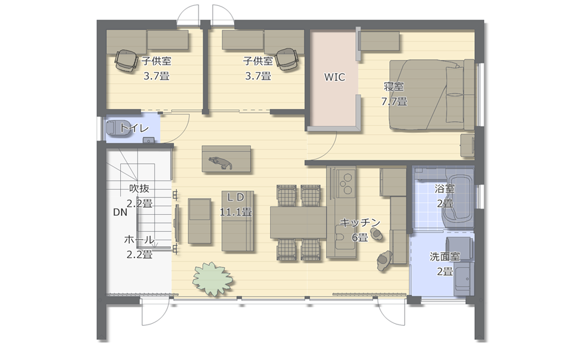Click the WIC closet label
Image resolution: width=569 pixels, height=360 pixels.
[x=334, y=77]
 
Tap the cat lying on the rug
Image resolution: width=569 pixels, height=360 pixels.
[x=220, y=162]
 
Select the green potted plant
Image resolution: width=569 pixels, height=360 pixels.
[x=212, y=279]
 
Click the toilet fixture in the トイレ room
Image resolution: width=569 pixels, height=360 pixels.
[x=119, y=128]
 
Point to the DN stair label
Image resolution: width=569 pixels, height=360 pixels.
[x=120, y=212]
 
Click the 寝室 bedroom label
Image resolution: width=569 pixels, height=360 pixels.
[x=394, y=87]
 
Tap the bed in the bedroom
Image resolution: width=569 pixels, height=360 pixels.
[x=432, y=94]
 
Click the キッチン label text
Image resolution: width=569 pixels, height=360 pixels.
[x=360, y=222]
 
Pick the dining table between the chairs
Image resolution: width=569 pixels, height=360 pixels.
[x=299, y=222]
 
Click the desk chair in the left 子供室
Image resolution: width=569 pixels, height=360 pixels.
[x=126, y=60]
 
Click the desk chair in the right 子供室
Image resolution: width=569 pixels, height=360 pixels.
[x=286, y=59]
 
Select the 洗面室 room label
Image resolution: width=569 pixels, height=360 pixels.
[x=445, y=257]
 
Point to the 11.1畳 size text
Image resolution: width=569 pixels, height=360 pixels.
[x=236, y=212]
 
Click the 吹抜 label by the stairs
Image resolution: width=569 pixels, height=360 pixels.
[x=139, y=189]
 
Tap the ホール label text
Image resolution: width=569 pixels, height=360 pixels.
[x=139, y=240]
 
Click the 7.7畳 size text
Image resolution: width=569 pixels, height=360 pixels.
[x=394, y=101]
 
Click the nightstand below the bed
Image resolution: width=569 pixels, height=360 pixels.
[x=468, y=145]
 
